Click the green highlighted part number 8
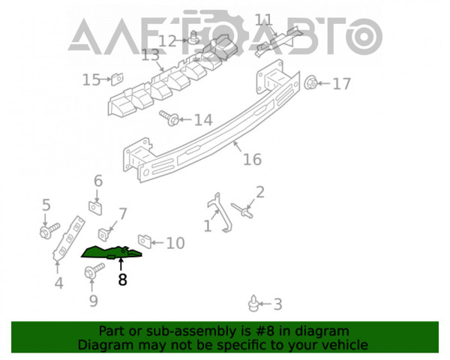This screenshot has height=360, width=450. coord(112,252)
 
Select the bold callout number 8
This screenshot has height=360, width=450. coord(122,279)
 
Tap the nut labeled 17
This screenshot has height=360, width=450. coord(310,82)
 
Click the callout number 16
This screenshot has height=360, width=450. coord(252,159)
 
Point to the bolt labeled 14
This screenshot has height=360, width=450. coord(169,118)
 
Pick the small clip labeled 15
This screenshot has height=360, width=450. coord(117,79)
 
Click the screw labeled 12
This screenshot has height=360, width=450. coord(194,37)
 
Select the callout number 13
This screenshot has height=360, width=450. coord(151,55)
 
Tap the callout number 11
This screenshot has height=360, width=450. coord(263,20)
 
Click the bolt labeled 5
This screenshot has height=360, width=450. coord(49,230)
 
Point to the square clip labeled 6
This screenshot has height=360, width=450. coord(95,208)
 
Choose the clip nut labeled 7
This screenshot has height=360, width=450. coord(105,234)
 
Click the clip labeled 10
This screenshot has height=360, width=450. coord(145,241)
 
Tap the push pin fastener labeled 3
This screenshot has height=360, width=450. coord(253,304)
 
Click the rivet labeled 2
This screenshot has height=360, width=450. coord(242,211)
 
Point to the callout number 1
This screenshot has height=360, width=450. coord(208,226)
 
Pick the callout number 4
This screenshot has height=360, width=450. coord(58,283)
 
